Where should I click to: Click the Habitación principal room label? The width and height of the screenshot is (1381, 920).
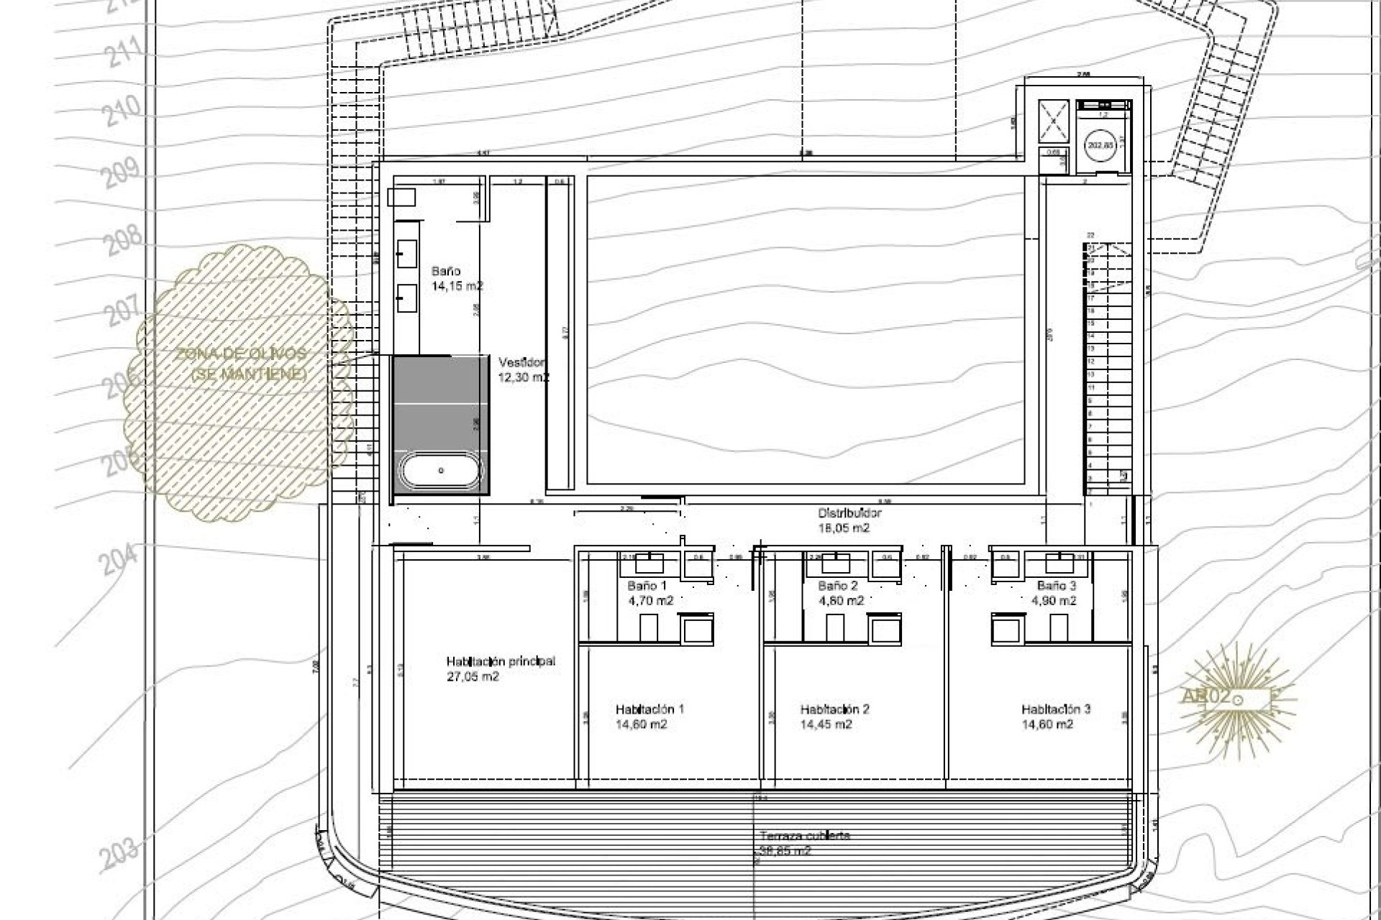point(501,661)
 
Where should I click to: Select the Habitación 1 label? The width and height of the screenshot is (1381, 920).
point(650,709)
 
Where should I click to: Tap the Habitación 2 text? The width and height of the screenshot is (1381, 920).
point(834,709)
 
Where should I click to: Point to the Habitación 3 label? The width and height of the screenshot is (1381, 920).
point(1055,709)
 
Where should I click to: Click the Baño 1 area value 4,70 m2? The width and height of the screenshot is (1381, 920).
point(651,601)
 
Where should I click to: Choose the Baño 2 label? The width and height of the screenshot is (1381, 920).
point(838,586)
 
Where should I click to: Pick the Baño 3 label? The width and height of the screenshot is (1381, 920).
point(1057,586)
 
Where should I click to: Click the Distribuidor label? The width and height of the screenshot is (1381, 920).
point(849,513)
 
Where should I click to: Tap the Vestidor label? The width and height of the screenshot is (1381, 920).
point(522,363)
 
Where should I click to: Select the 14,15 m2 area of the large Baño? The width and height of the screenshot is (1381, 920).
point(457,286)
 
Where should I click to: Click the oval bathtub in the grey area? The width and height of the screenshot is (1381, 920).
point(441,471)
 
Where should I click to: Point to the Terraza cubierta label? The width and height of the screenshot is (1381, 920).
point(804,836)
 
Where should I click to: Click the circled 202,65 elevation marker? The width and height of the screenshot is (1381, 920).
point(1099,145)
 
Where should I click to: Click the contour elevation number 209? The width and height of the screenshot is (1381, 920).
point(121,173)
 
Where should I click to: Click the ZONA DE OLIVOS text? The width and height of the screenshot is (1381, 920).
point(241,354)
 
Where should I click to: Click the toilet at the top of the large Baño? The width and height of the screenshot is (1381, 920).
point(401,197)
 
